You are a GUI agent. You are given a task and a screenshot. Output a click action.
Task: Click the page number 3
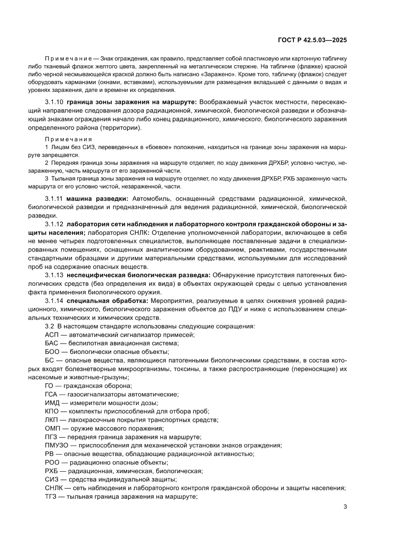(x=344, y=506)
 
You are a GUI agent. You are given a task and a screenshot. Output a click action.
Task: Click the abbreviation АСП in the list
(x=51, y=335)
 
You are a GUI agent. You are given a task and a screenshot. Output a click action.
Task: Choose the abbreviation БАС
(x=51, y=343)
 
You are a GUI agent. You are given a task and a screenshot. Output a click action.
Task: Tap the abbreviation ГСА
(x=51, y=394)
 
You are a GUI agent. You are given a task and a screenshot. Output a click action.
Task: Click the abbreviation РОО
(x=51, y=463)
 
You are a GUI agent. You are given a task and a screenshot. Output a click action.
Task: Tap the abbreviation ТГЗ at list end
(x=50, y=496)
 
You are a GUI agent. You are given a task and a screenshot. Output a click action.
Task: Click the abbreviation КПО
(x=51, y=411)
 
